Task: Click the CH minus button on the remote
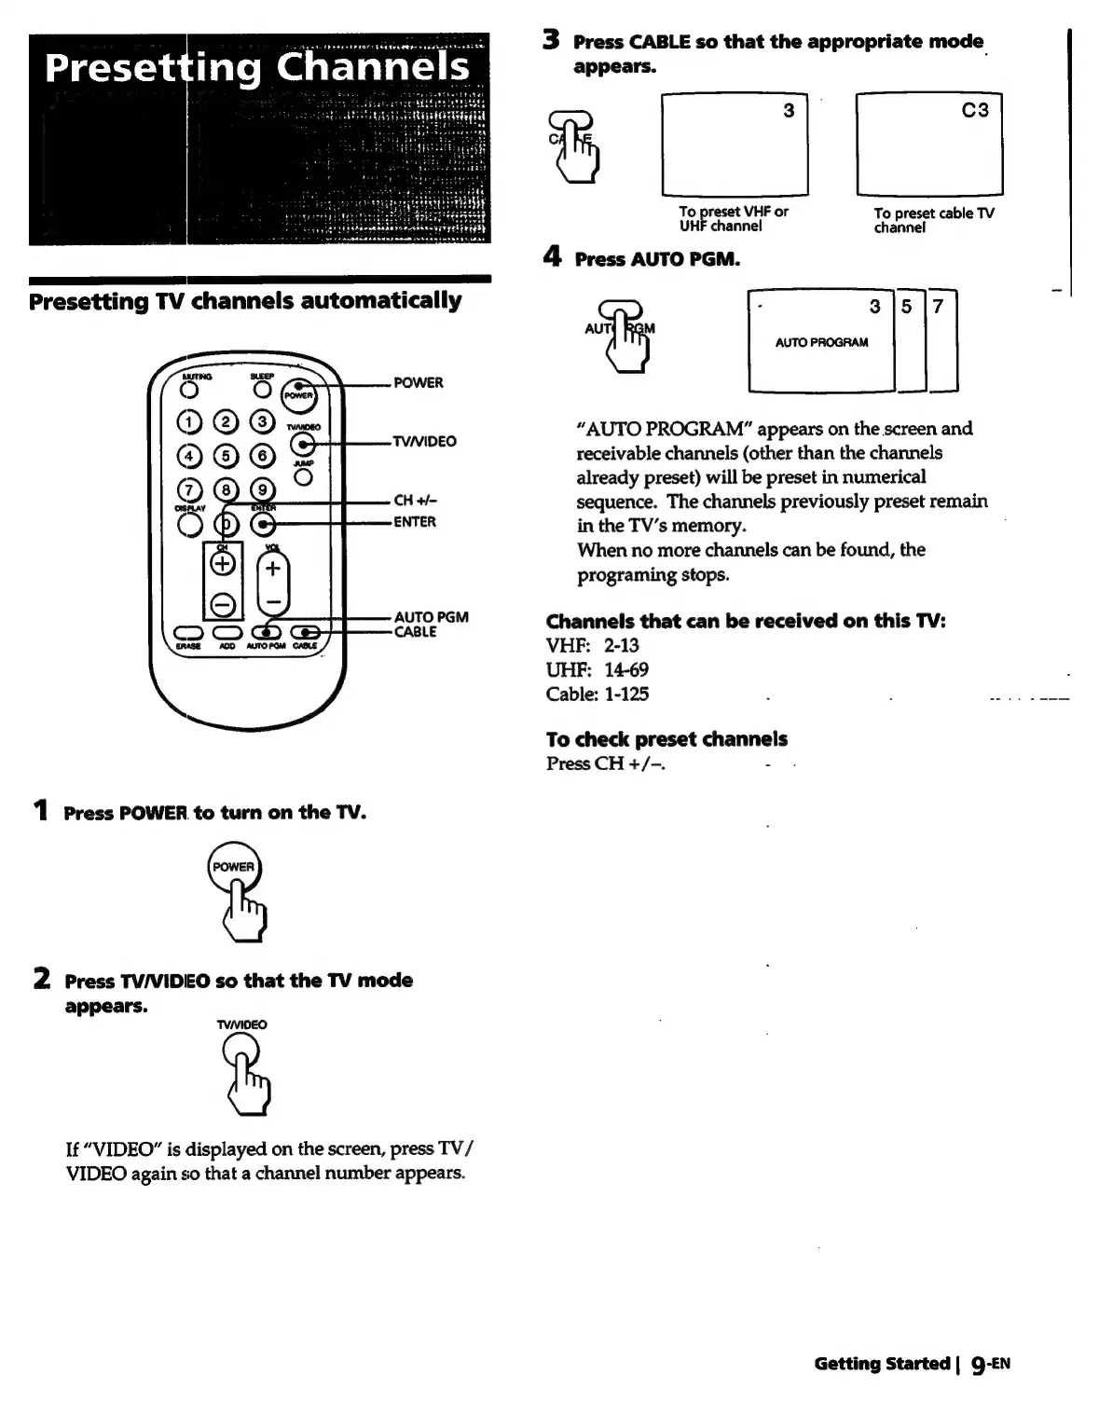point(222,604)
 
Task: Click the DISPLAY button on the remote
point(190,525)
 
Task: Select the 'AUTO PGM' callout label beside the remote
point(431,617)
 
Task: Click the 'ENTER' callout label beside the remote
point(414,522)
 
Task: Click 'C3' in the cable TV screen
point(974,110)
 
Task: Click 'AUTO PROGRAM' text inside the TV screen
point(821,342)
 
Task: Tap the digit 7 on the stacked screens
point(938,306)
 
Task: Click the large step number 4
point(553,256)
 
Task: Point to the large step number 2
point(42,979)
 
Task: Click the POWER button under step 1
point(233,867)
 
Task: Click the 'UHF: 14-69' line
point(597,669)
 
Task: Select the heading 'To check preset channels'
point(666,739)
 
